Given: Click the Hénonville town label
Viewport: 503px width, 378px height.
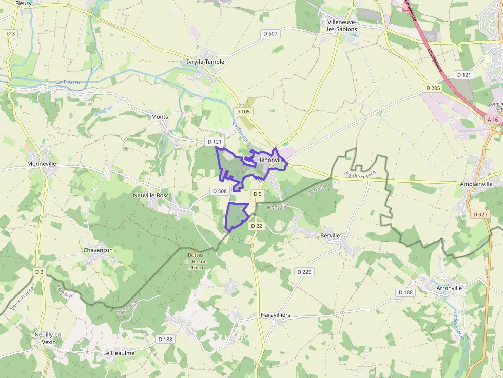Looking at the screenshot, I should (271, 160).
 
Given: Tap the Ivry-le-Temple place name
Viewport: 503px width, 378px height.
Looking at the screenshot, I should (205, 62).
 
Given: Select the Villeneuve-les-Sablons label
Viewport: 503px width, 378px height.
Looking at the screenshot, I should (342, 26).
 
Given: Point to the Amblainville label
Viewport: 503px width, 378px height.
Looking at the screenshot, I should (475, 184).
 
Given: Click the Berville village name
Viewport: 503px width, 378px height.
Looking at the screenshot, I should (330, 235).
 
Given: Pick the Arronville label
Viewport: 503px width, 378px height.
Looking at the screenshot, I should (449, 288).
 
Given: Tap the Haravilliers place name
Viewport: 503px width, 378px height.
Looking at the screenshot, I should (276, 314).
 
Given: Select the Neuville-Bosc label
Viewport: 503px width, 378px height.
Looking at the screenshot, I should (150, 195).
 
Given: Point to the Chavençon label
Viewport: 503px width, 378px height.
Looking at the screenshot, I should (98, 250).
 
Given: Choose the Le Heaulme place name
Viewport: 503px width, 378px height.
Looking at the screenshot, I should (119, 353).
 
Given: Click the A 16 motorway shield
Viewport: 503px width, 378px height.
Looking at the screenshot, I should (493, 120).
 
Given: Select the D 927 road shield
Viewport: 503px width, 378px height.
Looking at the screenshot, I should (480, 214).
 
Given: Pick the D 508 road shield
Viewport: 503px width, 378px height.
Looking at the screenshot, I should (219, 191).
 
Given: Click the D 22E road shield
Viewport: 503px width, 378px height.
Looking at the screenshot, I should (304, 271).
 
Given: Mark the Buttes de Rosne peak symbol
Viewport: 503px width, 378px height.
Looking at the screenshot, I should (196, 250).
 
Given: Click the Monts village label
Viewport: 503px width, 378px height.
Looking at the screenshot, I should (160, 117).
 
